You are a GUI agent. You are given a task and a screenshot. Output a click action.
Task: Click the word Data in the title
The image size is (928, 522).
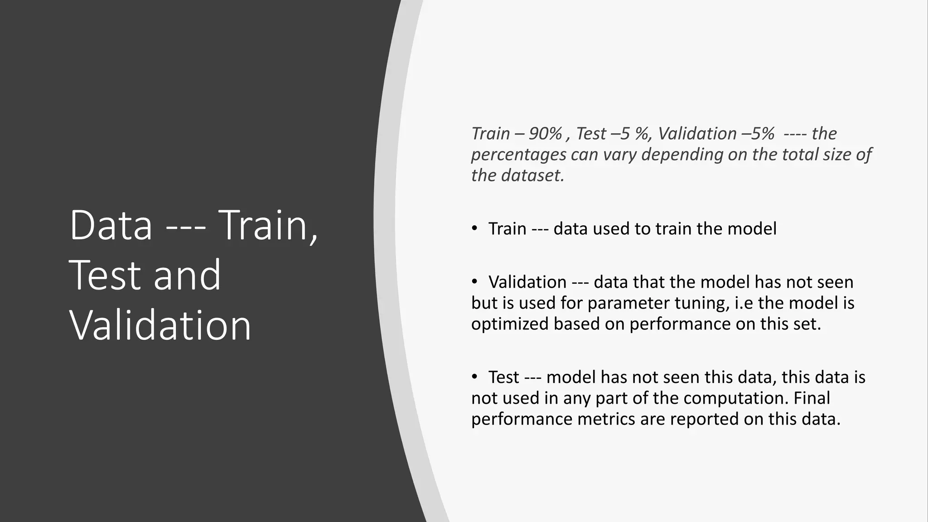(111, 226)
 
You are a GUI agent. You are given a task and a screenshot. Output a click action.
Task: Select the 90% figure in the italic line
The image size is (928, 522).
(546, 134)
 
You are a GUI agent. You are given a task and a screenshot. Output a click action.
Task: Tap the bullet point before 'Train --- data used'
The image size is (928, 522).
(474, 228)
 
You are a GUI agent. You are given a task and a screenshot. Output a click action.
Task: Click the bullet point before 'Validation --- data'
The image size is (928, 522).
(474, 282)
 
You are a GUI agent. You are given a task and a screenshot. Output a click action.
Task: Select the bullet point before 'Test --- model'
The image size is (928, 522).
(474, 377)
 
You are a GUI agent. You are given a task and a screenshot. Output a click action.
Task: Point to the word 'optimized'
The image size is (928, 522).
(510, 324)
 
